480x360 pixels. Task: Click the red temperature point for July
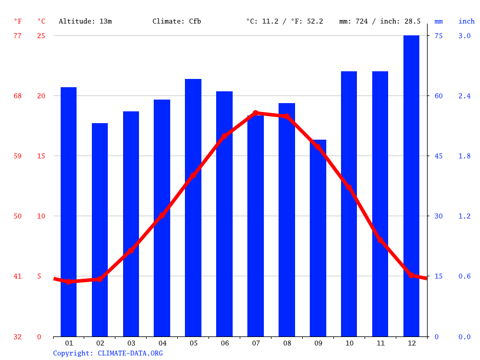[x=256, y=113]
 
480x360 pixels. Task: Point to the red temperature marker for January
[x=68, y=282]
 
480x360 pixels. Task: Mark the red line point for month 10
[x=349, y=188]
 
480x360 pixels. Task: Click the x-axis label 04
[x=162, y=343]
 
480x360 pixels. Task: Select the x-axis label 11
[x=380, y=343]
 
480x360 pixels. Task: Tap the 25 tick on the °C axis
[x=41, y=36]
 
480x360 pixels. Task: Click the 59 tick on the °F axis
[x=18, y=156]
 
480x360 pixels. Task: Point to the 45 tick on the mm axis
[x=438, y=156]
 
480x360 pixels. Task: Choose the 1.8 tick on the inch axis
[x=465, y=156]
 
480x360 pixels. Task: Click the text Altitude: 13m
[x=85, y=21]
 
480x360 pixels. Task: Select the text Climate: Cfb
[x=177, y=21]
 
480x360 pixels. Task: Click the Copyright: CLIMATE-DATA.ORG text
[x=108, y=353]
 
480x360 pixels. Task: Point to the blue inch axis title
[x=466, y=21]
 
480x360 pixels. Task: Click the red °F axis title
[x=18, y=21]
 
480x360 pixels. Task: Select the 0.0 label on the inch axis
[x=465, y=337]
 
